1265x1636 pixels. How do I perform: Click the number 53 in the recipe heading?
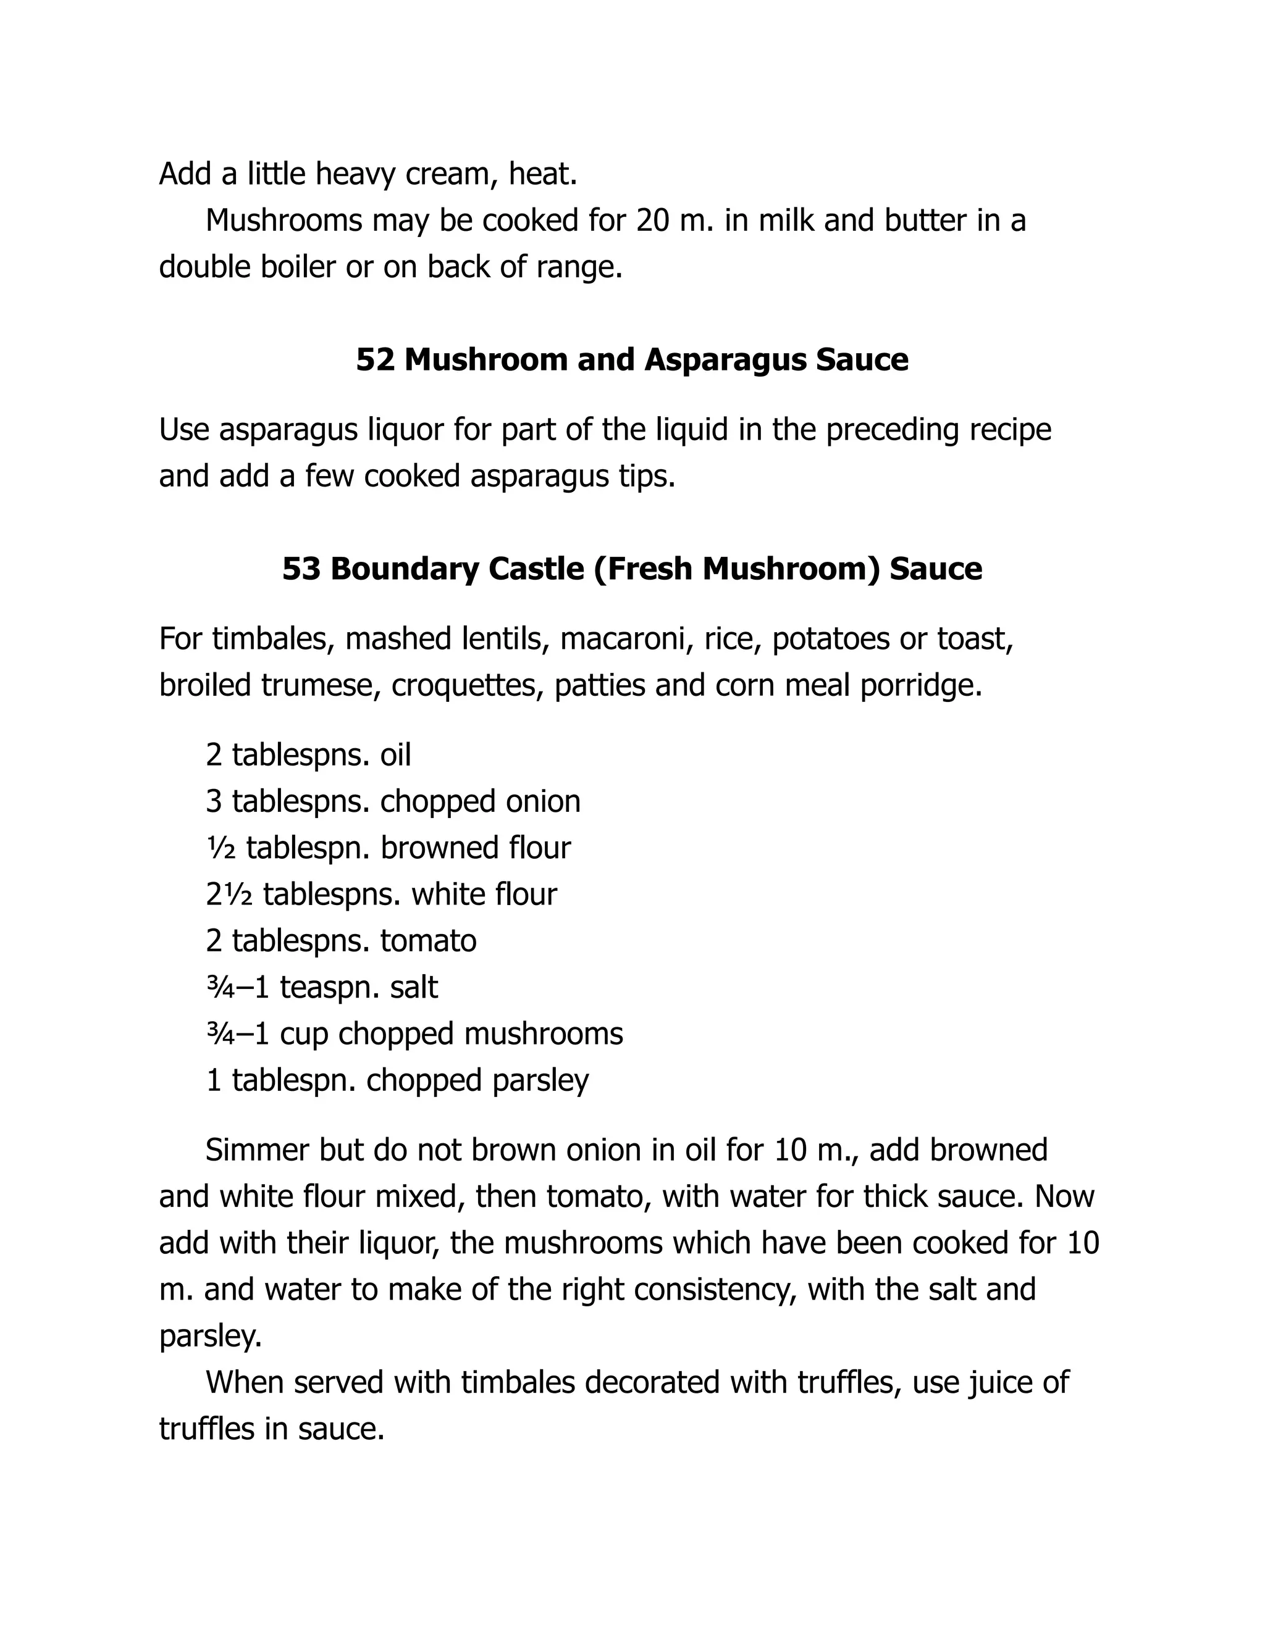click(x=301, y=569)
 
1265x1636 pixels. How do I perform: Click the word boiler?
click(x=298, y=267)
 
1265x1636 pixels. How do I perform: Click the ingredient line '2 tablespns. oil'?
click(x=308, y=754)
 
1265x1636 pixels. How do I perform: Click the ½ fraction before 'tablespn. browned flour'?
click(x=221, y=848)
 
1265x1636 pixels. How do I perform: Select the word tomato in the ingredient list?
click(x=428, y=941)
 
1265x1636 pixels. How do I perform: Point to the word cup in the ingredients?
click(x=305, y=1033)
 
